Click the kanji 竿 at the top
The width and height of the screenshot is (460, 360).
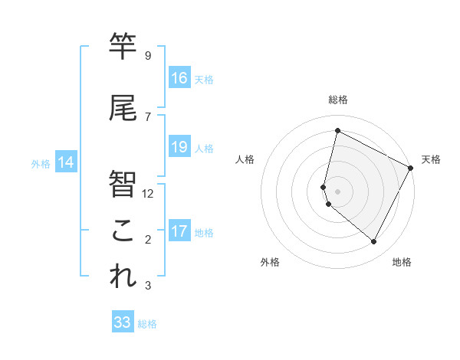tap(123, 47)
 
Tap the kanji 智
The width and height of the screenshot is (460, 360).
tap(123, 184)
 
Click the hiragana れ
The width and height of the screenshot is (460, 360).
tap(123, 277)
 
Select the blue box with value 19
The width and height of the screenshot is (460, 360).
tap(179, 147)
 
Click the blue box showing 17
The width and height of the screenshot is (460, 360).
tap(179, 231)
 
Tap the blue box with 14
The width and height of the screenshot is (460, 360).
tap(66, 162)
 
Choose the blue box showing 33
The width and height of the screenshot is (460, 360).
tap(123, 322)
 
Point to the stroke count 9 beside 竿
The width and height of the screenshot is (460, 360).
tap(147, 56)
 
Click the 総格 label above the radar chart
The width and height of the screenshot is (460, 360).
tap(338, 100)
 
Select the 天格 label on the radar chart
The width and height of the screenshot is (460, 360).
tap(431, 159)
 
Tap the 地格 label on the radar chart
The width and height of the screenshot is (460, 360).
tap(402, 262)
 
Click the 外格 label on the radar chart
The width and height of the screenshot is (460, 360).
tap(270, 262)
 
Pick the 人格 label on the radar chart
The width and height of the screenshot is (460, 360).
tap(245, 159)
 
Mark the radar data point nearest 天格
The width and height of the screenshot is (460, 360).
tap(411, 168)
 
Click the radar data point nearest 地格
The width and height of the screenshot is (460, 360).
tap(373, 242)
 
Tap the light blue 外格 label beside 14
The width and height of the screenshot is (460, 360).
tap(40, 163)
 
